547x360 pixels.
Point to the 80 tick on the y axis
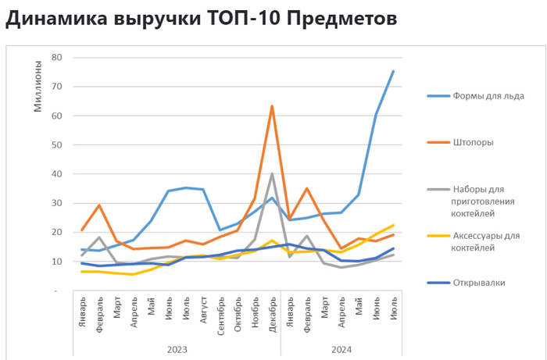point(55,57)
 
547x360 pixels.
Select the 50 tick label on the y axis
point(55,144)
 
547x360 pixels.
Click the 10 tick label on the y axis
point(55,262)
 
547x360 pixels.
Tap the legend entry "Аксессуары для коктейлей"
point(486,241)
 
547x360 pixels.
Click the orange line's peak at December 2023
point(272,105)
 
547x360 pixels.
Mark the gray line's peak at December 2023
point(272,173)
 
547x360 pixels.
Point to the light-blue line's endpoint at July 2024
point(393,71)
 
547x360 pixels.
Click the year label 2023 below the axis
point(177,348)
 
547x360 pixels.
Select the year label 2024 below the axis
point(341,348)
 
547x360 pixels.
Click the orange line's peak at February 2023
point(99,205)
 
